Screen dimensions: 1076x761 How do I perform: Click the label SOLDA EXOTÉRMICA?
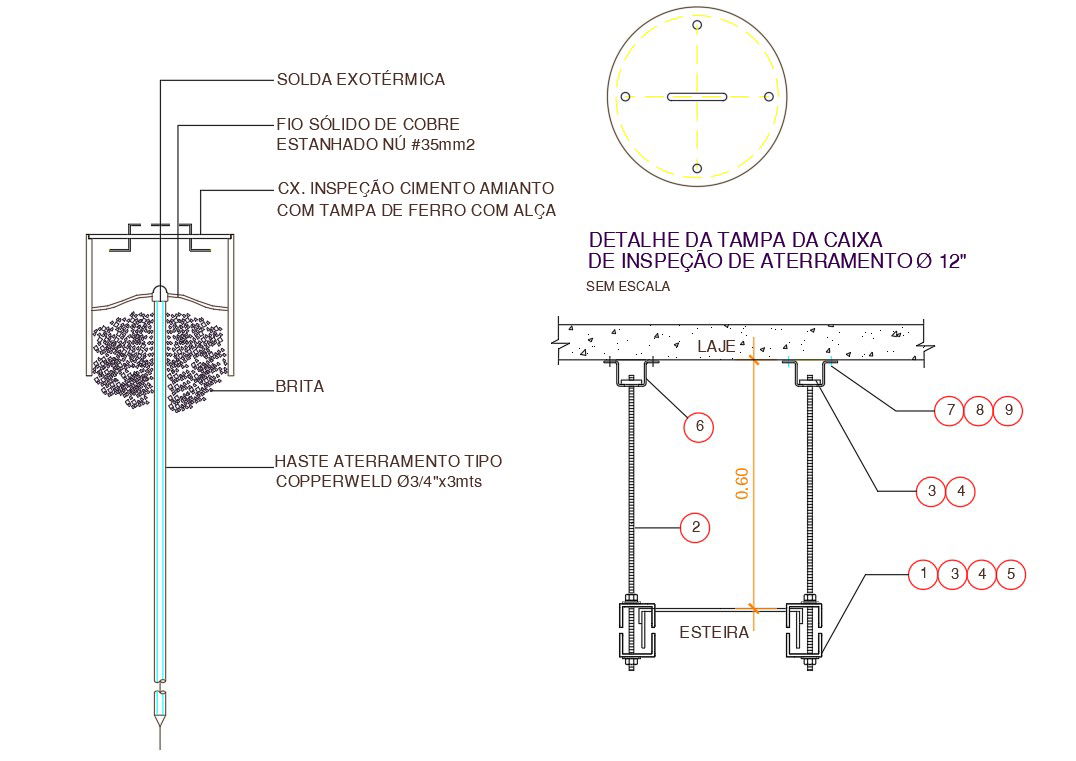(x=361, y=80)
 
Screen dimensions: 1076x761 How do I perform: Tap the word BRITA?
(x=300, y=386)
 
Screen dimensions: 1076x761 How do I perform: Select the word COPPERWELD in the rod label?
(x=334, y=482)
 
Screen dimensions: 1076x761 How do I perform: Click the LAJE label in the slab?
(x=716, y=347)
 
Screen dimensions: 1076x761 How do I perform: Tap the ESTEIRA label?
(x=714, y=632)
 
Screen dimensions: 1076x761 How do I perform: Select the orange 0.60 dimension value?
(x=742, y=483)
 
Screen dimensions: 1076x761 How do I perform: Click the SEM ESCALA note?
(x=628, y=286)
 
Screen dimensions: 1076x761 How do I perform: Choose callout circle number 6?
(x=699, y=427)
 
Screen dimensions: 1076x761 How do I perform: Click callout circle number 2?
(x=696, y=528)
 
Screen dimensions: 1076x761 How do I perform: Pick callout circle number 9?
(x=1009, y=410)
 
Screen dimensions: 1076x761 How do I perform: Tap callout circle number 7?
(x=950, y=410)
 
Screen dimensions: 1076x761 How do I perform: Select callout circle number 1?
(x=924, y=574)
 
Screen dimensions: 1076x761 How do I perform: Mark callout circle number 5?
(x=1011, y=574)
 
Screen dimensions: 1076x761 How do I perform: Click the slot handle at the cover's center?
(x=697, y=97)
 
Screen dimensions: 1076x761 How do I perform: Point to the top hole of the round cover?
(x=697, y=25)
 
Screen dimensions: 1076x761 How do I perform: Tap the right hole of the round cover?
(x=769, y=97)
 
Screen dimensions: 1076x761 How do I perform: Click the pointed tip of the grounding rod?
(x=160, y=748)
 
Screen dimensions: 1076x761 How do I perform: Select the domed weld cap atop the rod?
(x=160, y=292)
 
